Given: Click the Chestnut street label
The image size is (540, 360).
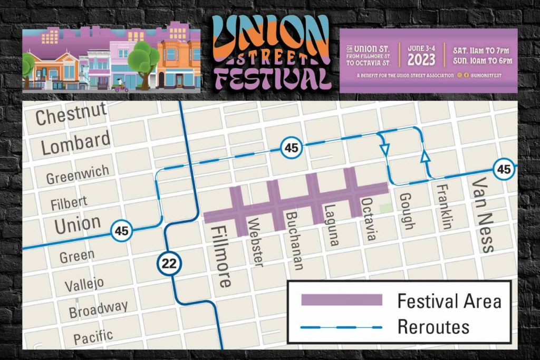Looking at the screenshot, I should click(71, 114).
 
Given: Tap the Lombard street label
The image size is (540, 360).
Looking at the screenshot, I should click(76, 143).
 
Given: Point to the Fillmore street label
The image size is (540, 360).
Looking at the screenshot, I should click(221, 257).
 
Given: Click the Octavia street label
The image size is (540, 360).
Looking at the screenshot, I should click(369, 220).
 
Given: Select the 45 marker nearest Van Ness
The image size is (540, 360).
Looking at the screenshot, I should click(504, 169).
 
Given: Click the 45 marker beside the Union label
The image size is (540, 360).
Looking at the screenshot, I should click(122, 231).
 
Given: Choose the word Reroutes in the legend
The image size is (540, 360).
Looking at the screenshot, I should click(433, 326).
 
